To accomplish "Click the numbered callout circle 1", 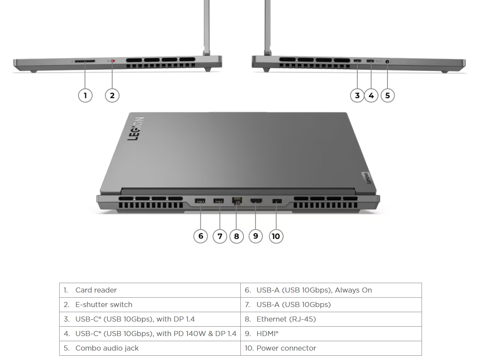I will point(85,95).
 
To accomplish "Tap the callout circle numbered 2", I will point(112,95).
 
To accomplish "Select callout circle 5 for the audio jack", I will point(387,95).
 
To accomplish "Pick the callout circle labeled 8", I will point(236,236).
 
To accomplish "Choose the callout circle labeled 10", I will point(276,236).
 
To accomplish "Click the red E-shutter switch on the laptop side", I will point(113,61).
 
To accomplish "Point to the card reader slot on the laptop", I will point(85,61).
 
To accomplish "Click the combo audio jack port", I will point(387,61).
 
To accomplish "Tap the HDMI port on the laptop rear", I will point(256,201).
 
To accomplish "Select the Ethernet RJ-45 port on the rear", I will point(237,201).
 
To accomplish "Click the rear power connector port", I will point(276,201).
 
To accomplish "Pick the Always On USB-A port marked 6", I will point(200,201).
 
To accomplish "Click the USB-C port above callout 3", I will point(357,61).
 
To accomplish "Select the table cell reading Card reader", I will point(150,290).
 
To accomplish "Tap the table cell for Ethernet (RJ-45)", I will point(331,319).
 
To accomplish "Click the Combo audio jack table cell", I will point(150,348).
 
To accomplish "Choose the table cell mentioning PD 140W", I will point(150,334).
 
